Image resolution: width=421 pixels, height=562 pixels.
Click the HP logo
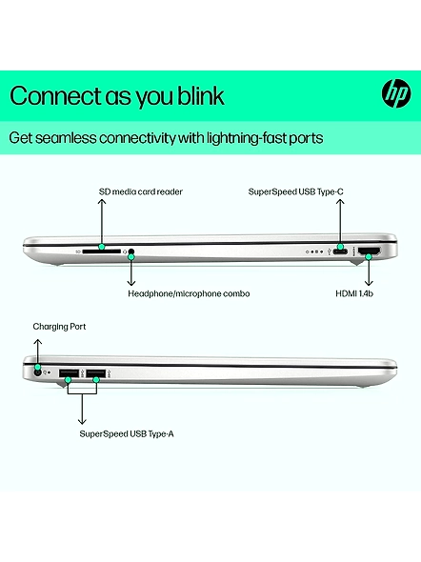pos(396,93)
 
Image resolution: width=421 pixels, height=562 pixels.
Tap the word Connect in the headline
pos(55,95)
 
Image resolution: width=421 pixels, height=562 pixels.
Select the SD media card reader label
pos(140,191)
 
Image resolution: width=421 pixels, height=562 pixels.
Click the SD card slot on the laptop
pos(101,252)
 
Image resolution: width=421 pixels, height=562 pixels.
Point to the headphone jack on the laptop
pos(131,252)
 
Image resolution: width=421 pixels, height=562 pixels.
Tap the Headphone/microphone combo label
pos(189,293)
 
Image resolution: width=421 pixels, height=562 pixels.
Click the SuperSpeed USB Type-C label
pos(295,191)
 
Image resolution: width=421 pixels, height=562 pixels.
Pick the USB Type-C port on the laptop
pos(340,251)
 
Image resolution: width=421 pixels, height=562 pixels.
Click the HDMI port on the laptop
pos(370,251)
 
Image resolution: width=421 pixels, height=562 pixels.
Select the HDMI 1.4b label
pos(354,293)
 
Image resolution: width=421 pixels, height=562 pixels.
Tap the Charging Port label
pos(59,327)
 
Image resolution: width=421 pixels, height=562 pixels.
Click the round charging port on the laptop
pos(37,372)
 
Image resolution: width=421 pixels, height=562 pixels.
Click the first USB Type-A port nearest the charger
pos(69,373)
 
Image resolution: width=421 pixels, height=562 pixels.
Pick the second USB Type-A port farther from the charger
pos(95,373)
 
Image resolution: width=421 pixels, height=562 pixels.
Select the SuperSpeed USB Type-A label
pos(127,433)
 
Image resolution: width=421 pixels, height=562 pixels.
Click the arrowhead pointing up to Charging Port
pos(37,341)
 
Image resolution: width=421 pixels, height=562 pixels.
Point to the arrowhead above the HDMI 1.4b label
pos(369,283)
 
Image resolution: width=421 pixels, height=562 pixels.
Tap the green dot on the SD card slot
pos(102,247)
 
